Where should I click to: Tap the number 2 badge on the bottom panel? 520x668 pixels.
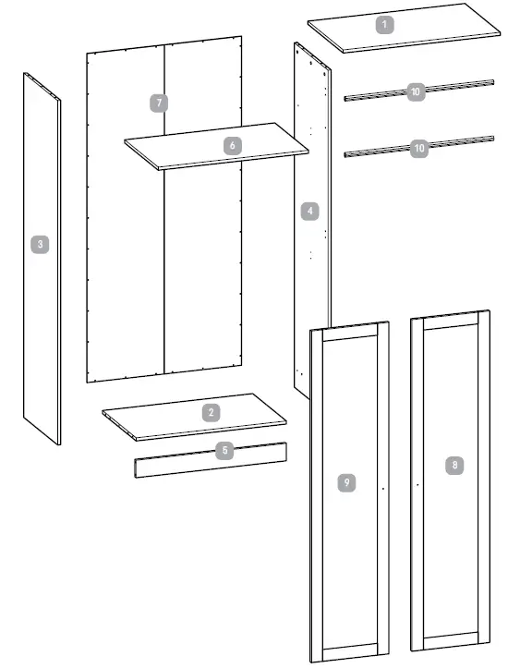(x=212, y=412)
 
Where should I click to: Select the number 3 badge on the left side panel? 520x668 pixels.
(x=39, y=245)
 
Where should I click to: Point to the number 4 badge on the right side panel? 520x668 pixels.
(x=310, y=211)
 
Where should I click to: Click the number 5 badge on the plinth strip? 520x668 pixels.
(x=223, y=450)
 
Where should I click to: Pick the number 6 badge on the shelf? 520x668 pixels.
(x=232, y=145)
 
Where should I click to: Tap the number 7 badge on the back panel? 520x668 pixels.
(x=161, y=103)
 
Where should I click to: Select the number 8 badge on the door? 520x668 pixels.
(x=453, y=466)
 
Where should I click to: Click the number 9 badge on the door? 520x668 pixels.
(x=345, y=481)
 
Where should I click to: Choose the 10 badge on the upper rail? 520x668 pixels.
(x=416, y=91)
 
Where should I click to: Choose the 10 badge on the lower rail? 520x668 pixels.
(x=419, y=148)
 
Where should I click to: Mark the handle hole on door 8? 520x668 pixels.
(x=417, y=483)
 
